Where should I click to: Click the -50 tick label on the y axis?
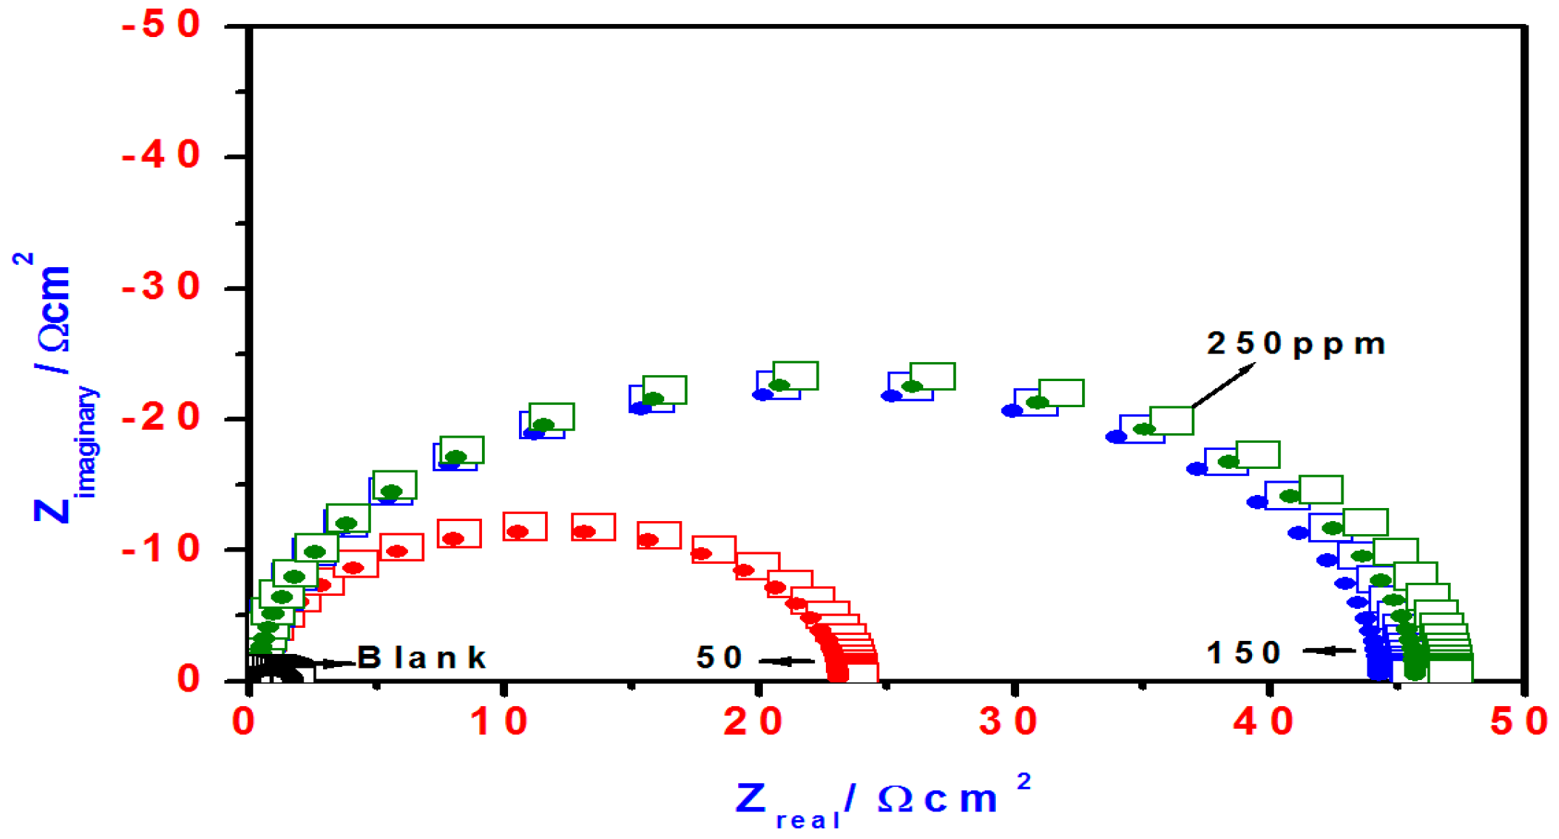(x=161, y=25)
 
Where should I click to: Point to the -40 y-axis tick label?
(x=161, y=156)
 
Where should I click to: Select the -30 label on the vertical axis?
(x=161, y=287)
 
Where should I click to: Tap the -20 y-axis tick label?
(x=161, y=418)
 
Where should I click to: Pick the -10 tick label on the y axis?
(x=161, y=549)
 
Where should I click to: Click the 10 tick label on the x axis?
(x=499, y=721)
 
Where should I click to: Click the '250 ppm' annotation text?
(x=1296, y=344)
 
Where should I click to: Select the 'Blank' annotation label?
(x=422, y=658)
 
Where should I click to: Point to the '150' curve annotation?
(x=1243, y=652)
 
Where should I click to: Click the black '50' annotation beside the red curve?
(x=719, y=658)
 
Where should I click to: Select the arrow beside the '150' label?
(x=1328, y=650)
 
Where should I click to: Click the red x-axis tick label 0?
(x=245, y=721)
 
